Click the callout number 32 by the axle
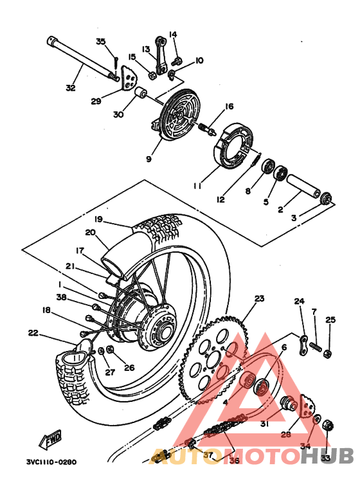70,87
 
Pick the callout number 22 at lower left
33,332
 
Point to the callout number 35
100,42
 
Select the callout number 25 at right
330,320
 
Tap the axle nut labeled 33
326,425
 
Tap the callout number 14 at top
172,34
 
